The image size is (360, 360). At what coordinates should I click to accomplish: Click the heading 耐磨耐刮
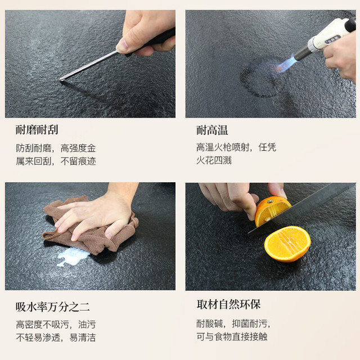point(37,130)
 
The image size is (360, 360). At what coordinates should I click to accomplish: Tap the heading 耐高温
point(212,130)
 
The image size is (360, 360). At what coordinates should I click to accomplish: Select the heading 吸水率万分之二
point(52,307)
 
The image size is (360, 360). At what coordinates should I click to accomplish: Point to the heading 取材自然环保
point(228,304)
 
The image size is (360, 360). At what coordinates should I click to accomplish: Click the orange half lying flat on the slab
point(287,244)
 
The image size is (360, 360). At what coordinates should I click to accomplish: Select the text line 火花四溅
point(214,160)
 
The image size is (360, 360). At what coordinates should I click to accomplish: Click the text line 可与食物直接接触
point(232,336)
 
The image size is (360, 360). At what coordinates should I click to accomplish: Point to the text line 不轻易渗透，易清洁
point(56,337)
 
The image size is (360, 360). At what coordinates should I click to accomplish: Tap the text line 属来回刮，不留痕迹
point(56,161)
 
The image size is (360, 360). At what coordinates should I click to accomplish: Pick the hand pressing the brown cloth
point(96,214)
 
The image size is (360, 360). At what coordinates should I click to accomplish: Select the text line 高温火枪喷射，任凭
point(236,147)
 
